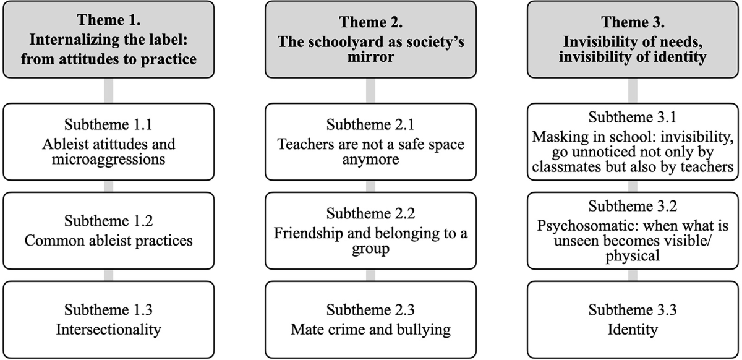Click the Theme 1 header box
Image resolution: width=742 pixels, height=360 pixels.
tap(109, 39)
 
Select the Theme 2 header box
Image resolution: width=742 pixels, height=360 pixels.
tap(371, 39)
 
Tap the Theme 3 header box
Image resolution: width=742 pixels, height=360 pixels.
tap(633, 39)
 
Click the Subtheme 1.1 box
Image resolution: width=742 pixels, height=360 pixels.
tap(109, 142)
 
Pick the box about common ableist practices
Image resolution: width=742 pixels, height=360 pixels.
tap(109, 231)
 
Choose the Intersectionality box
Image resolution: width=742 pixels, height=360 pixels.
tap(109, 319)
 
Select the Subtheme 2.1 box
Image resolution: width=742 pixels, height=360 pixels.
tap(371, 142)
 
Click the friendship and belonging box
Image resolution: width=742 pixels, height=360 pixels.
tap(371, 231)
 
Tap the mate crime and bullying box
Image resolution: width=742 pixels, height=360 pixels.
tap(371, 319)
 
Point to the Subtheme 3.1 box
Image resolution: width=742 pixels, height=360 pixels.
tap(633, 142)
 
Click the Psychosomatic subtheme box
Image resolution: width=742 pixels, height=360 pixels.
tap(633, 231)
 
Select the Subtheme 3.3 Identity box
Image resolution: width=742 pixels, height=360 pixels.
tap(633, 319)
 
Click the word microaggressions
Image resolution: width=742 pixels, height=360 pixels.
tap(109, 160)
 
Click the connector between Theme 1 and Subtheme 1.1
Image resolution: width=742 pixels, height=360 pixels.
tap(109, 91)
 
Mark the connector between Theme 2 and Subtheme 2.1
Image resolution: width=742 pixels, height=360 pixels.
tap(371, 91)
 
